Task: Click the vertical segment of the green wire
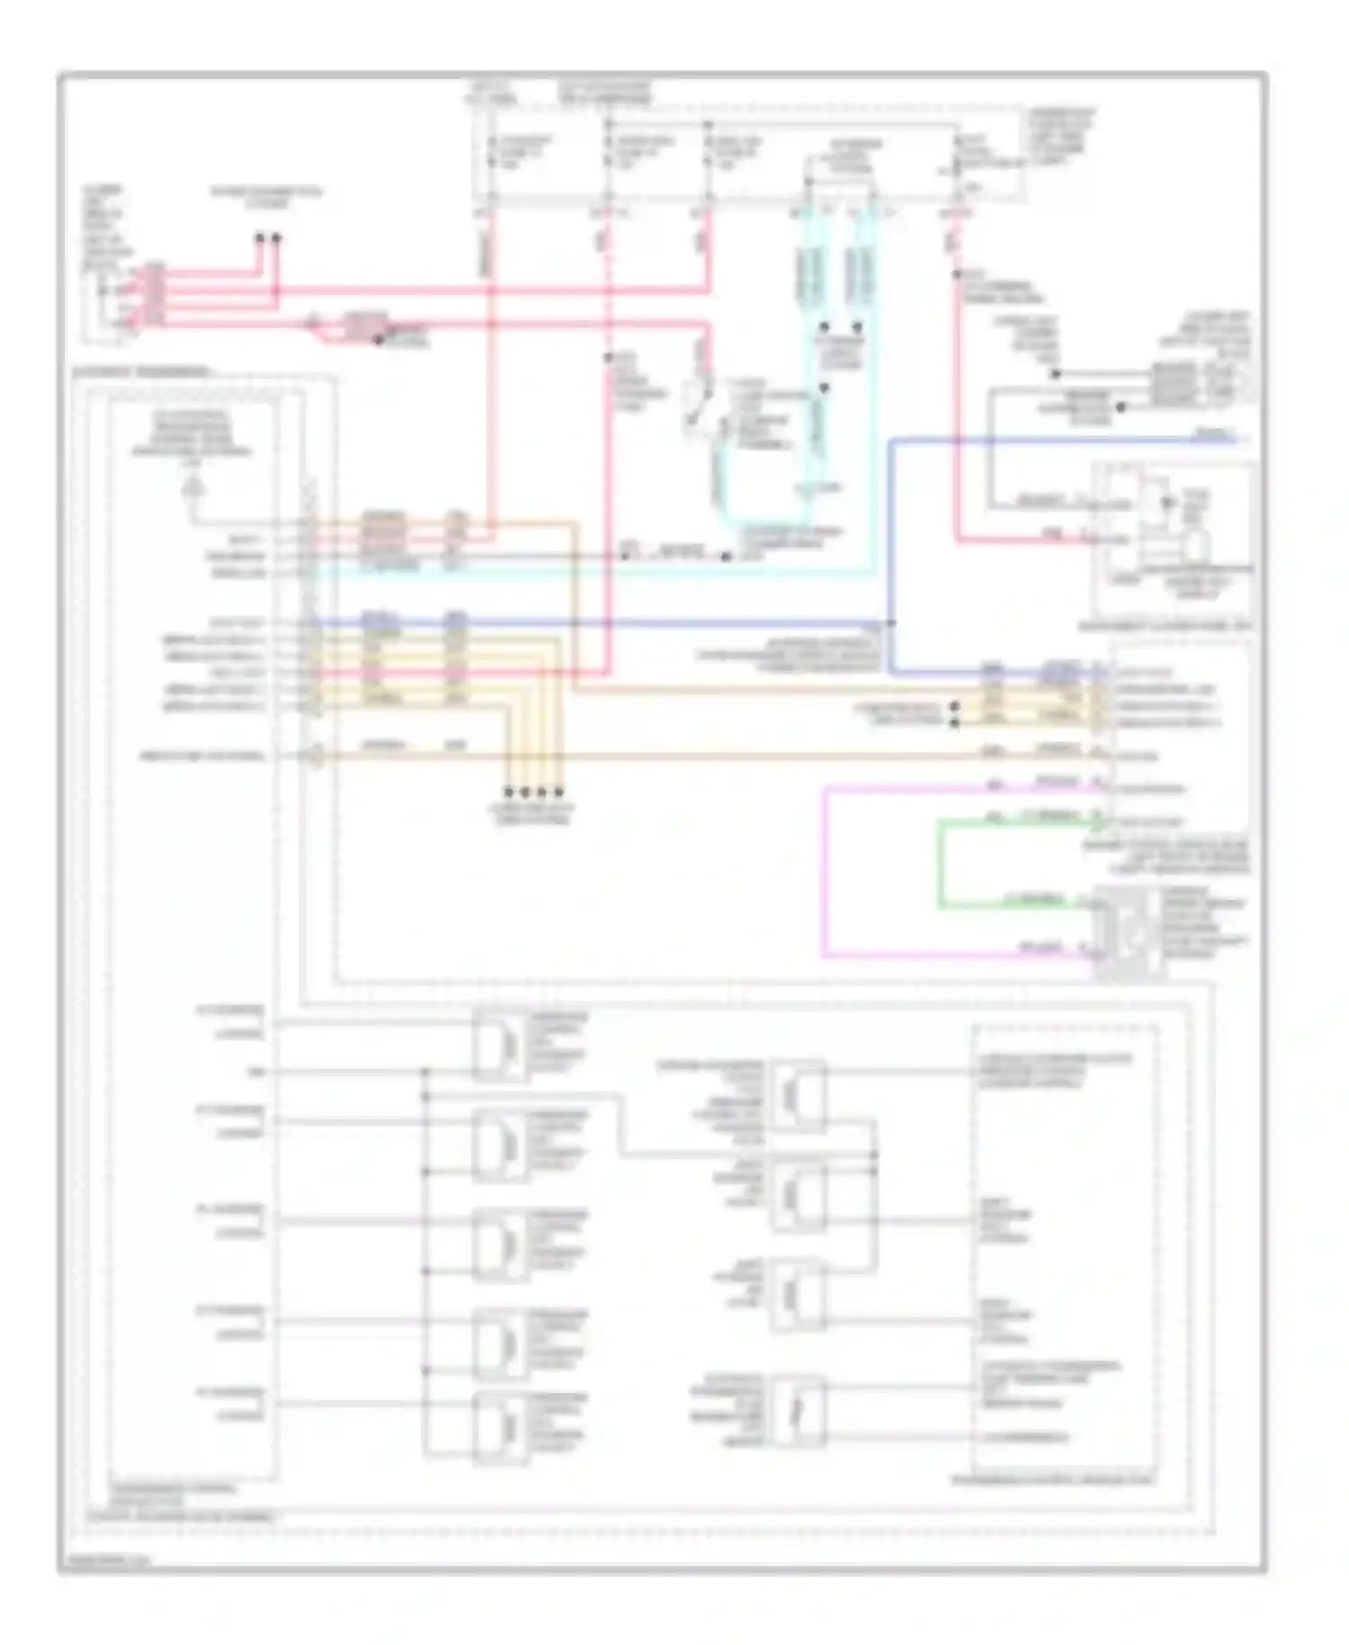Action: pyautogui.click(x=941, y=862)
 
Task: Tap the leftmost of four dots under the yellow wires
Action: pyautogui.click(x=508, y=792)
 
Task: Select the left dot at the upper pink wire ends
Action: pyautogui.click(x=260, y=238)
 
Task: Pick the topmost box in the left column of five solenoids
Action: pyautogui.click(x=500, y=1044)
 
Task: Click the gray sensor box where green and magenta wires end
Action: pyautogui.click(x=1129, y=932)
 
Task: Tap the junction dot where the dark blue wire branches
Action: pyautogui.click(x=890, y=623)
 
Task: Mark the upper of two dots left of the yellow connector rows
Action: pyautogui.click(x=954, y=707)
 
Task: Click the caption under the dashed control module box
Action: pyautogui.click(x=1052, y=1479)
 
